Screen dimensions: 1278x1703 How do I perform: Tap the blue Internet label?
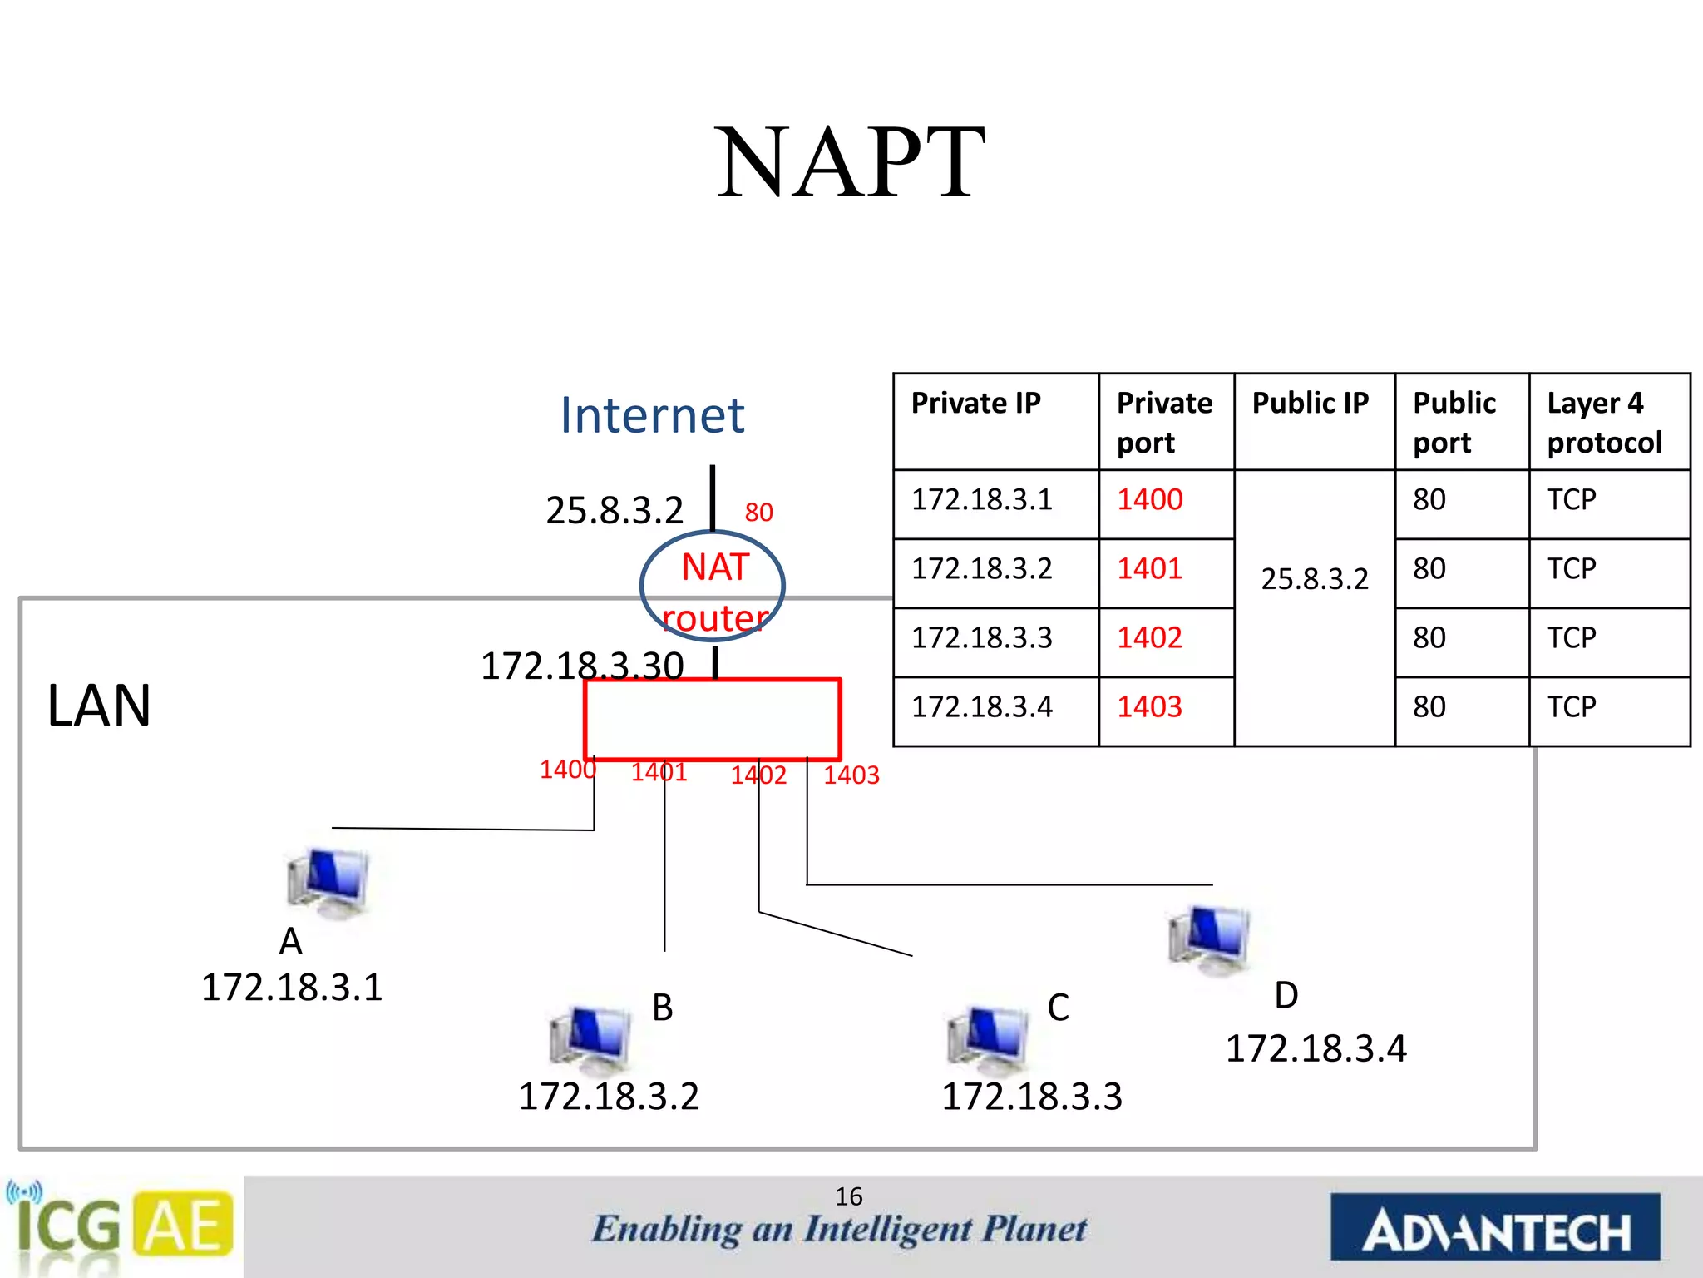click(x=652, y=415)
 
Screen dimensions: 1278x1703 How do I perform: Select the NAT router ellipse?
click(x=713, y=586)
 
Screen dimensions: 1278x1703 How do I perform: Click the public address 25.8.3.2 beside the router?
click(x=614, y=510)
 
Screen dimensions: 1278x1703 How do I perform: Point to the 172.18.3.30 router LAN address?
click(x=582, y=666)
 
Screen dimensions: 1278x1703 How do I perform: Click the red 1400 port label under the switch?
click(x=567, y=770)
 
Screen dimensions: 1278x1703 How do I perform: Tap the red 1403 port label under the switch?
click(x=851, y=775)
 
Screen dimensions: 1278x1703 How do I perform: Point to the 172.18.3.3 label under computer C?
click(x=1031, y=1097)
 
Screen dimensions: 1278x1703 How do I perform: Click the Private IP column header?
click(x=975, y=404)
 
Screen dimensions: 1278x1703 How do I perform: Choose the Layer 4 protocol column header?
click(x=1604, y=423)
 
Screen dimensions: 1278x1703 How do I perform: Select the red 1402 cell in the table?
click(x=1149, y=638)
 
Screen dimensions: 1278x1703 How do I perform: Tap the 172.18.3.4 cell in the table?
click(x=982, y=707)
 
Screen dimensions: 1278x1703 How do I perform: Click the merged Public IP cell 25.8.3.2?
click(x=1314, y=579)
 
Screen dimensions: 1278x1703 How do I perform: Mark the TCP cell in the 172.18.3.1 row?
click(x=1571, y=500)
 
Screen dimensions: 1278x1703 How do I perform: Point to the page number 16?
click(x=849, y=1196)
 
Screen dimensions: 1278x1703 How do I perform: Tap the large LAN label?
click(x=99, y=706)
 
